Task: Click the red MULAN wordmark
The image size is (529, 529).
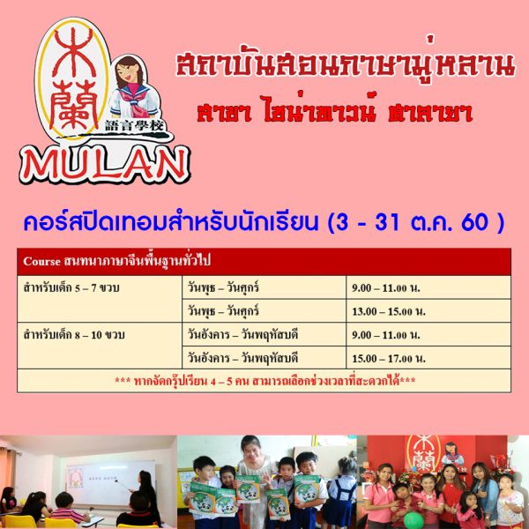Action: click(105, 165)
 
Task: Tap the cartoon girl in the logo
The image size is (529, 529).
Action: click(134, 88)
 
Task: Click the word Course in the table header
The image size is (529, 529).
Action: click(41, 262)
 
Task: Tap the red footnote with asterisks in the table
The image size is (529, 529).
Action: click(264, 381)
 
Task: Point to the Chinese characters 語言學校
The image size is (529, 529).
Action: click(134, 126)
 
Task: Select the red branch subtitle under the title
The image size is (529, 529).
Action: click(334, 109)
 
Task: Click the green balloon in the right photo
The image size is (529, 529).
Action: click(414, 520)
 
